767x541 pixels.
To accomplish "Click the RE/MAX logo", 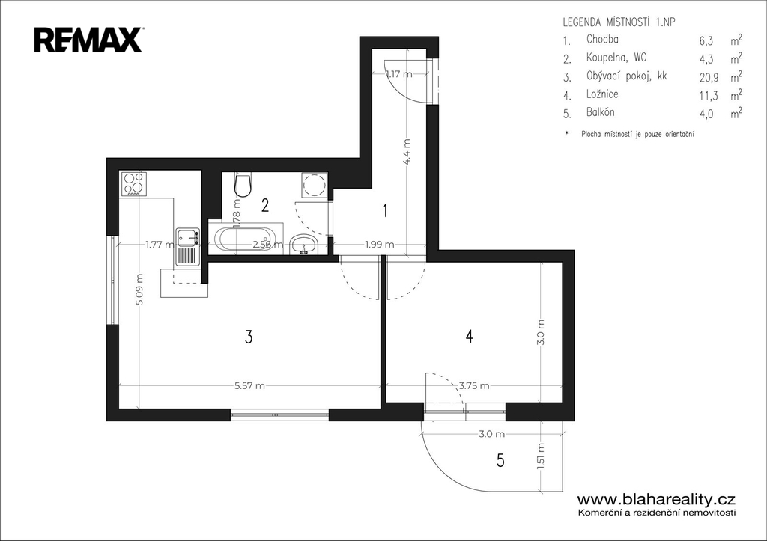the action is (x=88, y=40).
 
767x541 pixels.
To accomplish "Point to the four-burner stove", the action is (x=133, y=183).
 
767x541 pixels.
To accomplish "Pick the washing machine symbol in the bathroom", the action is (x=314, y=184).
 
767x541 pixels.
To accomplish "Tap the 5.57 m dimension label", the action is (x=249, y=385).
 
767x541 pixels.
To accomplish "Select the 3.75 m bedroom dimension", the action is (x=474, y=385).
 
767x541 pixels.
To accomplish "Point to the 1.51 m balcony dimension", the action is (x=541, y=456).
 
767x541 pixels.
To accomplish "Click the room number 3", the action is (x=249, y=337).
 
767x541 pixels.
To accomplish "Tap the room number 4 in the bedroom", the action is (x=470, y=336).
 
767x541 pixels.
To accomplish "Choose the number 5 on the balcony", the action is (x=500, y=460).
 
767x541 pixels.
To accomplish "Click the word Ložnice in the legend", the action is (x=602, y=94).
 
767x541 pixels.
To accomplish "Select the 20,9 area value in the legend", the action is (x=709, y=77).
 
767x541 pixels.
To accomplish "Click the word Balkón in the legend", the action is (x=600, y=112).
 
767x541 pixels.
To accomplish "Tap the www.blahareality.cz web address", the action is (x=656, y=499).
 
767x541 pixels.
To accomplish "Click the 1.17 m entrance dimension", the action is (x=398, y=74).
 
